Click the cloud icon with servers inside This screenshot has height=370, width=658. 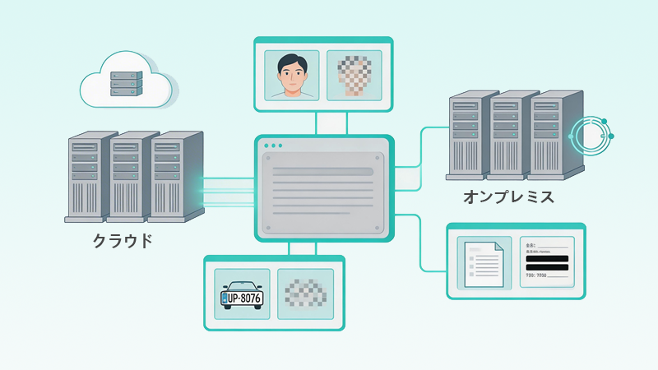point(126,80)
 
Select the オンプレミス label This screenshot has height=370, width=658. point(507,197)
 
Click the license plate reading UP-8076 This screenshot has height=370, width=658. point(242,295)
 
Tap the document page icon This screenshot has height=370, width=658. point(482,263)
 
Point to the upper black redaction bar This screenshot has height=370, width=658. point(544,257)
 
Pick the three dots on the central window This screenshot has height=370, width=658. point(272,146)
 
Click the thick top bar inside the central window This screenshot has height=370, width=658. point(322,170)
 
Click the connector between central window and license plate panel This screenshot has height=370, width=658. point(290,248)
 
